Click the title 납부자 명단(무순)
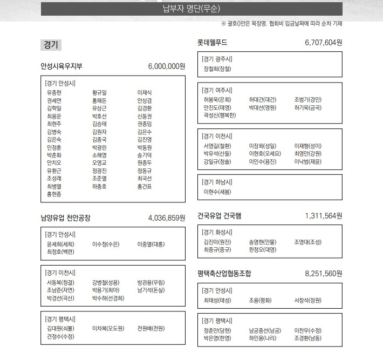pos(191,9)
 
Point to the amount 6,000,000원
pos(166,66)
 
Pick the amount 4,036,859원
pos(166,218)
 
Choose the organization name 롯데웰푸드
pos(213,42)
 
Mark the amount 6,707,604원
pos(323,42)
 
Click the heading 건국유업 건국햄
pos(220,215)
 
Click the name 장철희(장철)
pos(217,69)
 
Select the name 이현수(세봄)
pos(217,192)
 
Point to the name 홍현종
pos(54,194)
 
